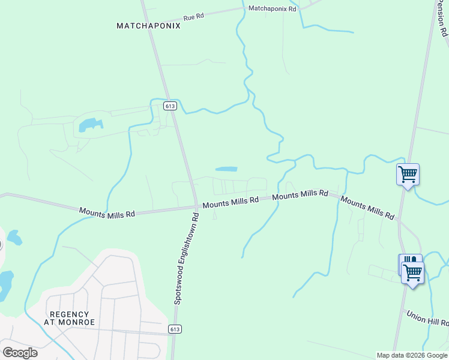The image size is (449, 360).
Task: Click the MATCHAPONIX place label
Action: coord(148,26)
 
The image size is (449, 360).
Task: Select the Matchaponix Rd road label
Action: coord(273,9)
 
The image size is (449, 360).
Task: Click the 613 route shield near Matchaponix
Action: coord(170,106)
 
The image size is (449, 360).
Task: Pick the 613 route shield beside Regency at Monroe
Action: coord(175,329)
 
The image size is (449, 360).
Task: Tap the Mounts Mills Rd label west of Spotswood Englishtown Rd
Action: coord(107,212)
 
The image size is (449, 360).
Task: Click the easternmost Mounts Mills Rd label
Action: coord(367,206)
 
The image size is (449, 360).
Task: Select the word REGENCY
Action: coord(70,314)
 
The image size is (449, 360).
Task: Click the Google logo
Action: coord(20,352)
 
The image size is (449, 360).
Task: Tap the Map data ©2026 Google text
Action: coord(412,355)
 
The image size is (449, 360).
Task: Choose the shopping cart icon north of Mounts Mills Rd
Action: coord(408,175)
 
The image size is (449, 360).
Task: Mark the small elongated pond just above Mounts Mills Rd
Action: coord(226,169)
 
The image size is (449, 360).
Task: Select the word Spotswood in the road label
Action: coord(178,285)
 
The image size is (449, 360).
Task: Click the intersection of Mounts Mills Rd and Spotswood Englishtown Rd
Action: coord(196,207)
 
